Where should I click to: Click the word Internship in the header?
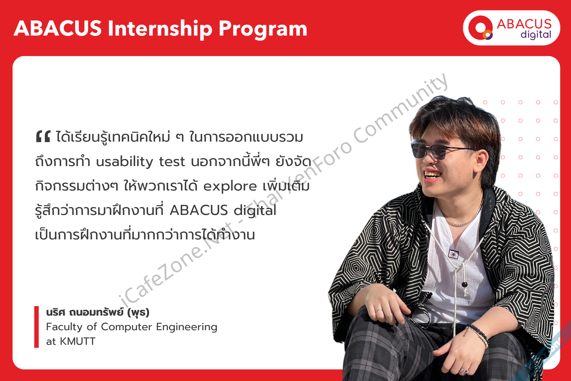click(x=161, y=29)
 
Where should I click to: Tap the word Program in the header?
click(x=263, y=30)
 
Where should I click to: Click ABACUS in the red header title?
click(x=58, y=29)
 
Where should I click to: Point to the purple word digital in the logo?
click(x=536, y=35)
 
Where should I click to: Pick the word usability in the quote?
click(x=124, y=162)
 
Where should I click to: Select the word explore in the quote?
click(x=230, y=187)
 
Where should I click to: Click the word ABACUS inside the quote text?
click(x=199, y=210)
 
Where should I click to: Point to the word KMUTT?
click(x=77, y=341)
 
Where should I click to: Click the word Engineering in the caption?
click(x=187, y=327)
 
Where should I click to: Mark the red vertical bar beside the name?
click(x=36, y=327)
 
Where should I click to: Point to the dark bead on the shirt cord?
click(x=464, y=284)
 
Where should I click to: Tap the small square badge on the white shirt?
click(x=454, y=254)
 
